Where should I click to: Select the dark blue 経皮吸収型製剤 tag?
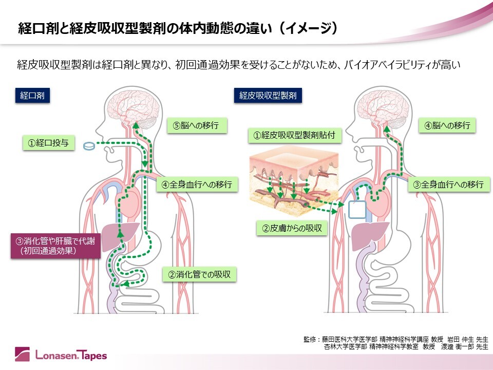click(268, 95)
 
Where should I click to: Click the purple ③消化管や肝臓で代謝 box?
click(46, 245)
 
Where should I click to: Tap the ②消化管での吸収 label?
click(199, 274)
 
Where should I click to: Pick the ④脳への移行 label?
click(447, 125)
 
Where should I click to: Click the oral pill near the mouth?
click(89, 146)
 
